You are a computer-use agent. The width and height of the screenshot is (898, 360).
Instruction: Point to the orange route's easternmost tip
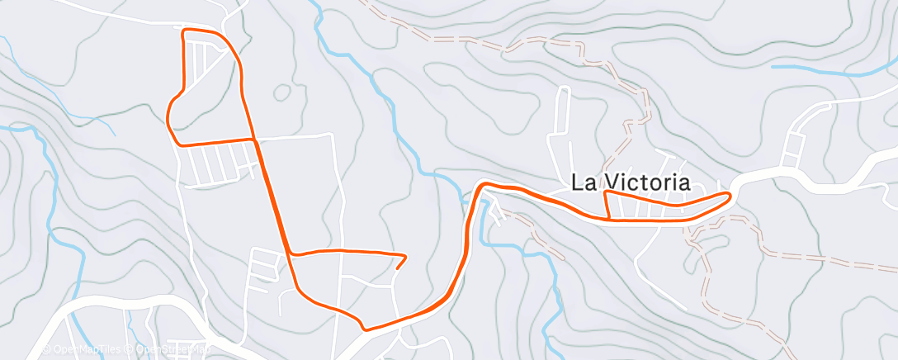pyautogui.click(x=730, y=194)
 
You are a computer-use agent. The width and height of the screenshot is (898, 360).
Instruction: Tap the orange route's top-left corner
pyautogui.click(x=183, y=31)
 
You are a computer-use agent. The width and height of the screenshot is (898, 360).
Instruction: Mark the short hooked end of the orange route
pyautogui.click(x=400, y=263)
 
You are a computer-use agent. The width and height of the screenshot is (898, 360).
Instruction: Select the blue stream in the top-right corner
pyautogui.click(x=834, y=71)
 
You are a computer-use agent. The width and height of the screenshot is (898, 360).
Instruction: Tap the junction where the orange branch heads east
pyautogui.click(x=291, y=253)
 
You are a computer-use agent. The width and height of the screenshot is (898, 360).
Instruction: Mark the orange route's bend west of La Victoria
pyautogui.click(x=482, y=185)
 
